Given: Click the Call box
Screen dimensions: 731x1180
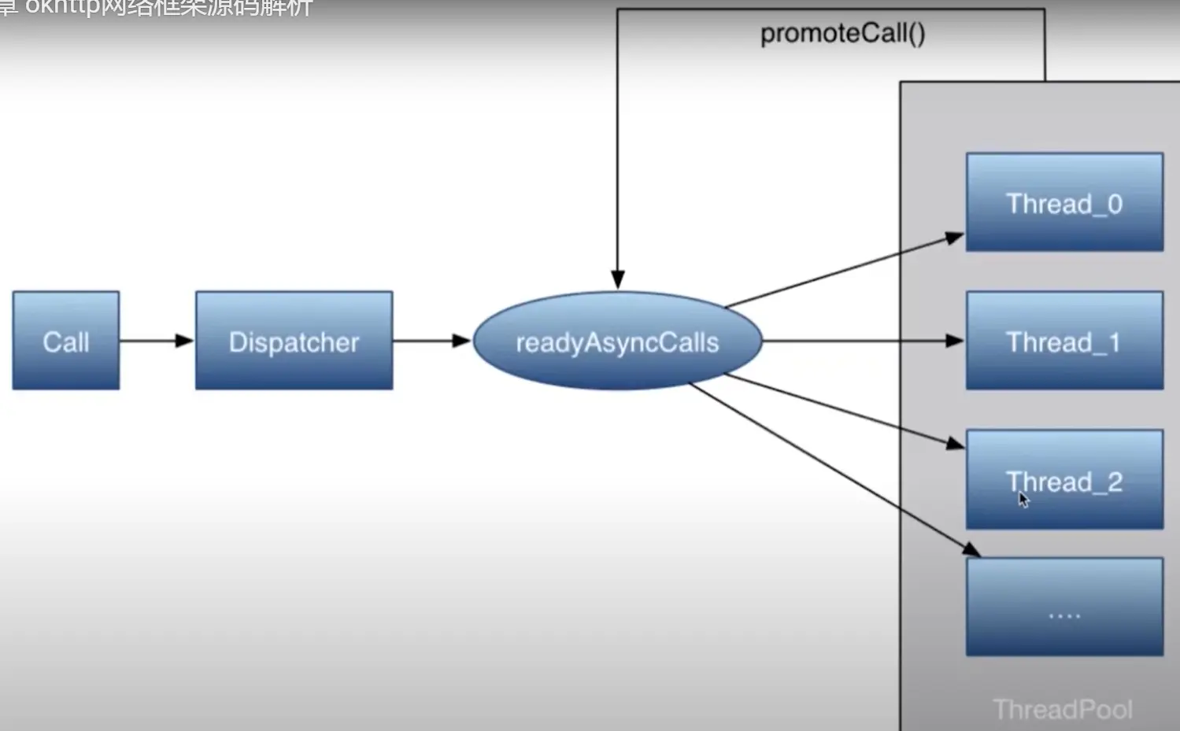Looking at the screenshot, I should point(66,341).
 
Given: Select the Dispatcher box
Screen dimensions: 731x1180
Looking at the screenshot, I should point(294,341).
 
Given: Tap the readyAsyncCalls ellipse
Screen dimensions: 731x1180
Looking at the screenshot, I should point(617,342).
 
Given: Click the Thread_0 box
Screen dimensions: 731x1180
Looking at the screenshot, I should point(1064,202).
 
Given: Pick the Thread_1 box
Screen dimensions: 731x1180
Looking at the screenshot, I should point(1064,341).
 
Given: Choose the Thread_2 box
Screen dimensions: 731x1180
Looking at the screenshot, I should point(1064,479).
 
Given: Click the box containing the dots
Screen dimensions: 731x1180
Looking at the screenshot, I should point(1064,607).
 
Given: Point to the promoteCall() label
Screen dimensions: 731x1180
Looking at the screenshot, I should point(842,33).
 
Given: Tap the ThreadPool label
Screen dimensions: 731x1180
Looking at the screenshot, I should point(1063,709).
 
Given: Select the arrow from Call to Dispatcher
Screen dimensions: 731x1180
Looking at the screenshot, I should point(156,341).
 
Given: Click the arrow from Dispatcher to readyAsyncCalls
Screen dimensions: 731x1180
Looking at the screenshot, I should point(431,341).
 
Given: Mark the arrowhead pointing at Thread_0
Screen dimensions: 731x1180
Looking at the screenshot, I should point(955,237).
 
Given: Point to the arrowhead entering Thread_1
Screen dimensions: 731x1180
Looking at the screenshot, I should point(955,341).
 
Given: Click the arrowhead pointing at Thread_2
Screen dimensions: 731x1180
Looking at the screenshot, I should point(956,444).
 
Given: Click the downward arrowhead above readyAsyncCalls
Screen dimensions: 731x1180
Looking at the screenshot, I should point(618,279).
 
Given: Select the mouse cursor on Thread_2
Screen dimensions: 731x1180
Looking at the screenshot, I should point(1023,500).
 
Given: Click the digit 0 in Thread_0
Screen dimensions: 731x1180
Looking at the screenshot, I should point(1114,204).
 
